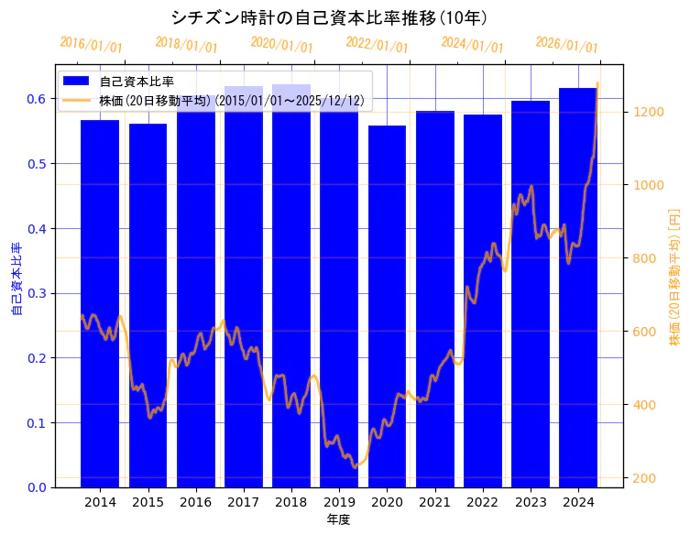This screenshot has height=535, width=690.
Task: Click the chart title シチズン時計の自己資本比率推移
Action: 329,17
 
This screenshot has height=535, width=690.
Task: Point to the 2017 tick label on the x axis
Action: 244,502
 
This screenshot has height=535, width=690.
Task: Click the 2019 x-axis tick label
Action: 339,502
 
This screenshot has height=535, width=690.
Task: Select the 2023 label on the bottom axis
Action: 531,502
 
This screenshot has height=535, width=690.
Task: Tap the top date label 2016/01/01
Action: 91,44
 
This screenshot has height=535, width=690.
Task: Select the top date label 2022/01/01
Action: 377,44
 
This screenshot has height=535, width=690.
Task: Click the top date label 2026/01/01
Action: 567,44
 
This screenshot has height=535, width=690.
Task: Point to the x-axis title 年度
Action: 338,519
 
